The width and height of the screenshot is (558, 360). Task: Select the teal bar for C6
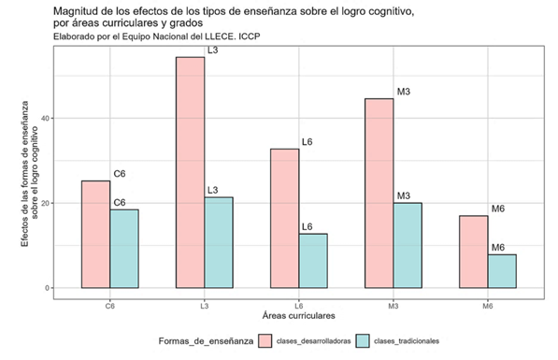click(x=124, y=249)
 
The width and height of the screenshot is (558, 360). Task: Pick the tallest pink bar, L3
click(x=190, y=173)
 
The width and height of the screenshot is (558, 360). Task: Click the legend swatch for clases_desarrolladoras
click(x=265, y=342)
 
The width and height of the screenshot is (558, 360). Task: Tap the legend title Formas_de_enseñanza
click(x=205, y=342)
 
